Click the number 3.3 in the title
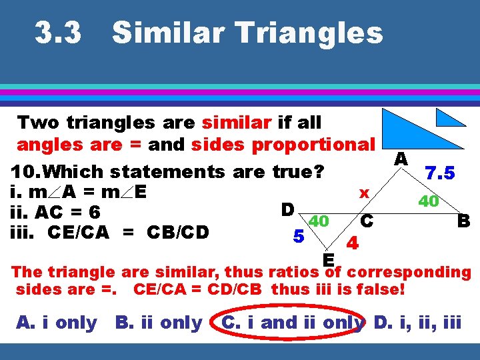click(x=59, y=33)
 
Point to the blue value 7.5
click(x=441, y=173)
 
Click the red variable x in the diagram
click(x=364, y=193)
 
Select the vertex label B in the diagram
click(x=463, y=220)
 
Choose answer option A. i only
click(x=57, y=323)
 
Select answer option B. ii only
click(x=159, y=323)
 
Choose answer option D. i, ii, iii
click(x=417, y=323)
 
